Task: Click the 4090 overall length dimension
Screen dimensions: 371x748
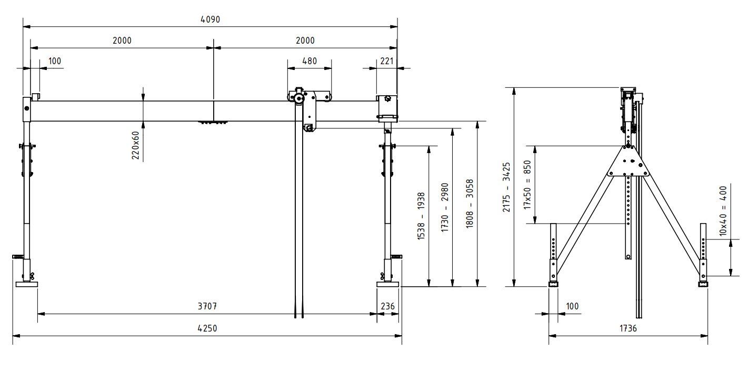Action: (x=210, y=19)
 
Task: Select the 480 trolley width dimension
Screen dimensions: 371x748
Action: (x=310, y=61)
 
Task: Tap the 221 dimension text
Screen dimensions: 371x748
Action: (x=387, y=61)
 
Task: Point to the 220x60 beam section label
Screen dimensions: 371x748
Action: (x=135, y=145)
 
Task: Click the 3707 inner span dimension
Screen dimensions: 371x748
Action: (x=207, y=306)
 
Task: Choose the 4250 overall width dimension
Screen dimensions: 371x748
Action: (x=207, y=328)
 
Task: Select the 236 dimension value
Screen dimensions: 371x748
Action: (x=387, y=306)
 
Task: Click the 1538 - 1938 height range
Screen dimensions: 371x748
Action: (x=421, y=216)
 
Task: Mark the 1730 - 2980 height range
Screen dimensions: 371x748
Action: (x=445, y=208)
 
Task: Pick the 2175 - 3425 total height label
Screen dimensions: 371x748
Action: (x=506, y=187)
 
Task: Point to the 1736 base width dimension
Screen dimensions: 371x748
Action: (x=628, y=328)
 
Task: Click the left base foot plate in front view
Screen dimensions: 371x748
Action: (x=26, y=284)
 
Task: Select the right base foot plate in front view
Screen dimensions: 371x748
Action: (x=388, y=284)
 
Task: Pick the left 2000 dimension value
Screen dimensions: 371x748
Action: (x=122, y=41)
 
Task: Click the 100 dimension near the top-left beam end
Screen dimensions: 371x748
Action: (x=55, y=61)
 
